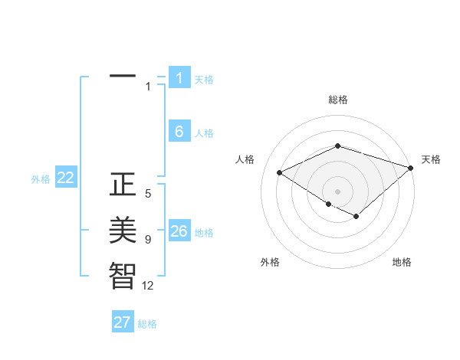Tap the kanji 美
coord(123,230)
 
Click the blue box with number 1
coord(179,78)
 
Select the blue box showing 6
coord(179,132)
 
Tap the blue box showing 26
coord(179,231)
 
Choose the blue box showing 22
coord(66,178)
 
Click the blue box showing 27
coord(123,322)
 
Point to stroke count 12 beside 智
coord(147,286)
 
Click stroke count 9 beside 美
coord(148,240)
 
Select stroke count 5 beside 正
coord(148,194)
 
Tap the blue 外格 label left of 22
coord(41,179)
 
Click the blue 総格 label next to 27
coord(148,324)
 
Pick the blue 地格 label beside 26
coord(204,233)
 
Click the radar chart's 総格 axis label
coord(338,100)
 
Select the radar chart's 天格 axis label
coord(431,159)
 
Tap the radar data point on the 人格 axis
coord(280,172)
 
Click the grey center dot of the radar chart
coord(337,191)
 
